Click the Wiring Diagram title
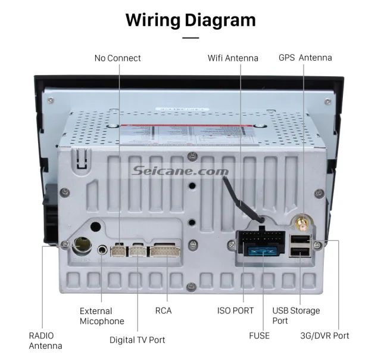(x=190, y=20)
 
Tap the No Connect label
(x=118, y=58)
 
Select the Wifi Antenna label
(x=233, y=58)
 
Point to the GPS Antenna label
(x=305, y=58)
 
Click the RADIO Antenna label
(x=45, y=340)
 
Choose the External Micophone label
(x=102, y=316)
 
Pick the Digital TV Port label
(x=137, y=340)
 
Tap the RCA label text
(x=164, y=311)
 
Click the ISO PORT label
(x=235, y=311)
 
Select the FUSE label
(x=259, y=336)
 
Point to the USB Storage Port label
(x=296, y=315)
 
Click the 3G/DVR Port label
(x=324, y=336)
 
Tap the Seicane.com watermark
(x=189, y=172)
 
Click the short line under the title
(x=190, y=38)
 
